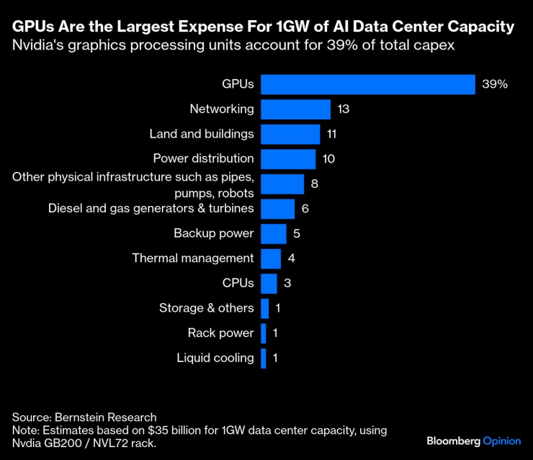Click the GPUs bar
(367, 84)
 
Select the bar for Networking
(295, 109)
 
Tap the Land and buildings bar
(290, 134)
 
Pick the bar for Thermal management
(271, 258)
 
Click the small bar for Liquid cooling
(264, 358)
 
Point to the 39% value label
(496, 84)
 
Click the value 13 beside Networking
(343, 109)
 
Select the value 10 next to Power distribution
(328, 159)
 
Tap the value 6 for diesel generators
(305, 209)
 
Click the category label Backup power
(213, 233)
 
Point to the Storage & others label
(206, 308)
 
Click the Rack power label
(220, 333)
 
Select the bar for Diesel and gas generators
(277, 209)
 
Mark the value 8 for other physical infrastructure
(315, 184)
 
